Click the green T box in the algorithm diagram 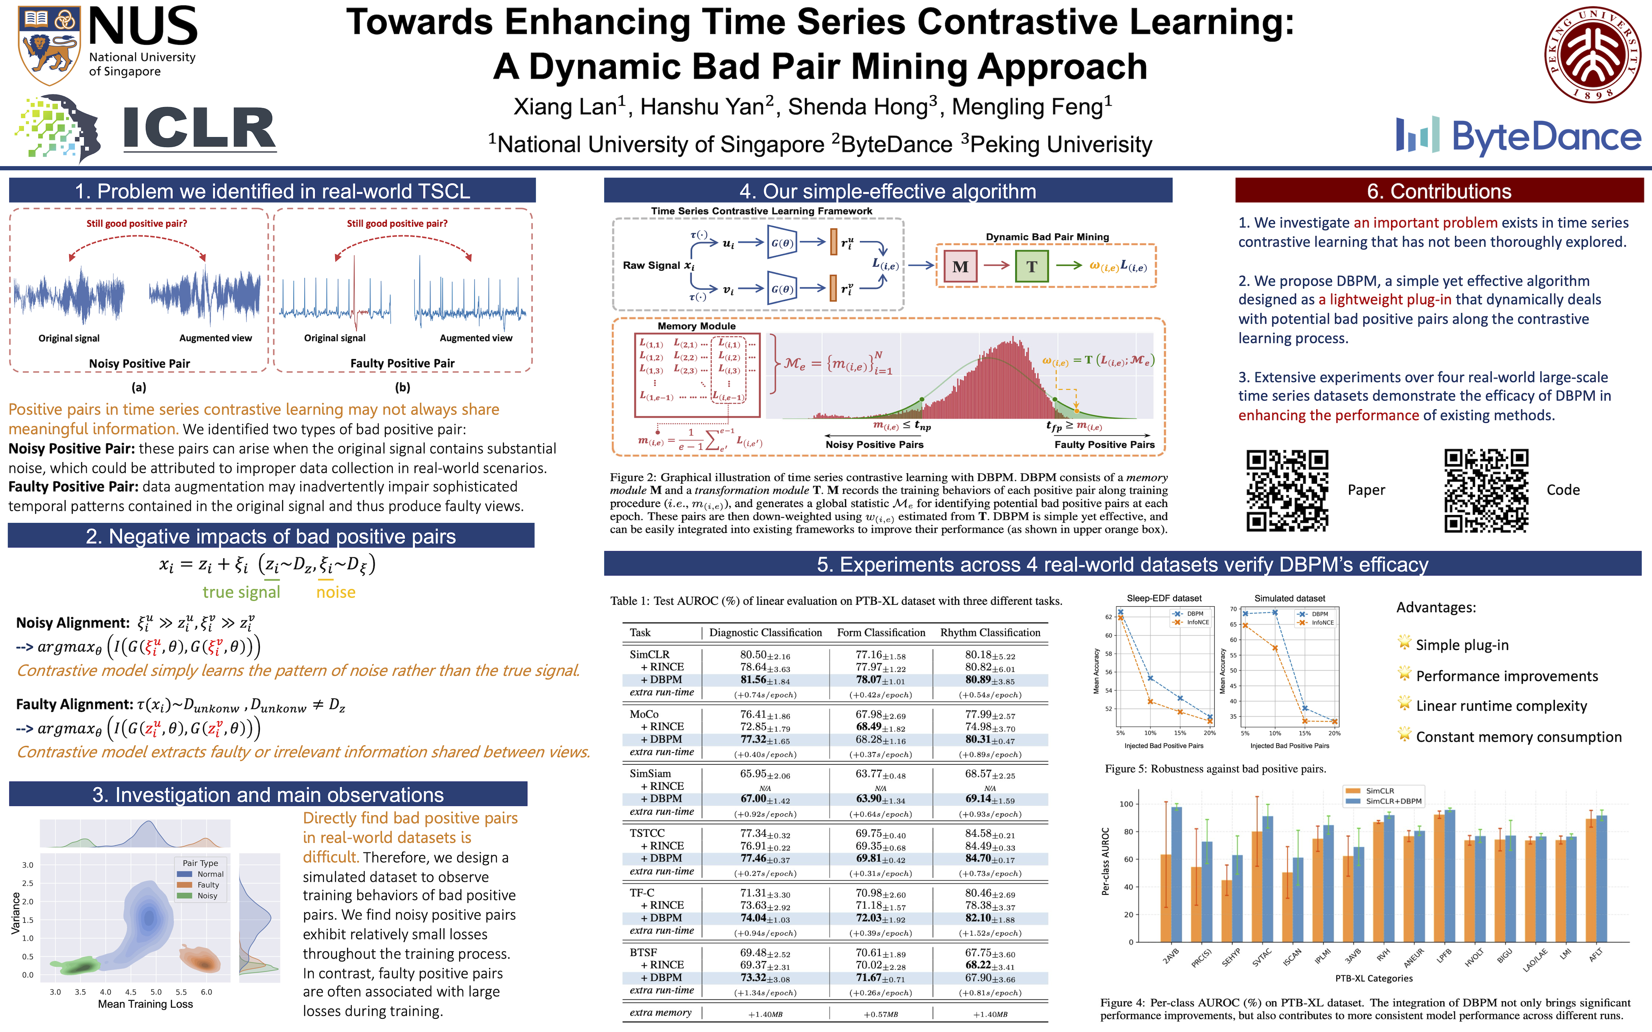[1031, 267]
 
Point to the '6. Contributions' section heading [1439, 191]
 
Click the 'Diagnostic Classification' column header [765, 633]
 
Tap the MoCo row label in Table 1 [644, 714]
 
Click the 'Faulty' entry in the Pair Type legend [208, 885]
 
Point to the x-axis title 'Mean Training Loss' [146, 1004]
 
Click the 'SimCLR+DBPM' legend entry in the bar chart [1392, 801]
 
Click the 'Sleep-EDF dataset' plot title [1164, 598]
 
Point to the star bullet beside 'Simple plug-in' [1404, 643]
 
